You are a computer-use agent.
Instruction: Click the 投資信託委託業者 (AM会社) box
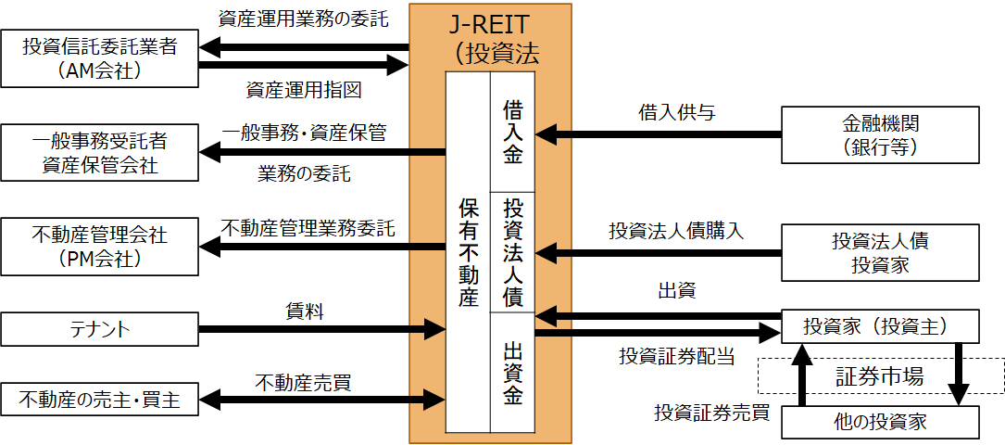click(x=99, y=57)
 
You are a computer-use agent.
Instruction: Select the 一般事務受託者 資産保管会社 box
click(x=99, y=153)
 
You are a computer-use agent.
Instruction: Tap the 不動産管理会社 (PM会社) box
click(x=99, y=246)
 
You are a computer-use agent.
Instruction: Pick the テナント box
click(x=99, y=328)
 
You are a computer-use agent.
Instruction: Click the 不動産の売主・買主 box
click(x=99, y=400)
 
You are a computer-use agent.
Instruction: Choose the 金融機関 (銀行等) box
click(x=880, y=134)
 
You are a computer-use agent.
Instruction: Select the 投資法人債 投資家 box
click(x=880, y=253)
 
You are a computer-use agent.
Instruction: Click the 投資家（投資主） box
click(x=880, y=326)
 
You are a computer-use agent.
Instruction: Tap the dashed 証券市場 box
click(x=880, y=375)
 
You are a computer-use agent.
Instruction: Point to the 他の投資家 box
click(x=880, y=423)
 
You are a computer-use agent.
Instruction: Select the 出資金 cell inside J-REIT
click(x=513, y=373)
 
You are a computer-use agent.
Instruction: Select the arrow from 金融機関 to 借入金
click(x=659, y=134)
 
